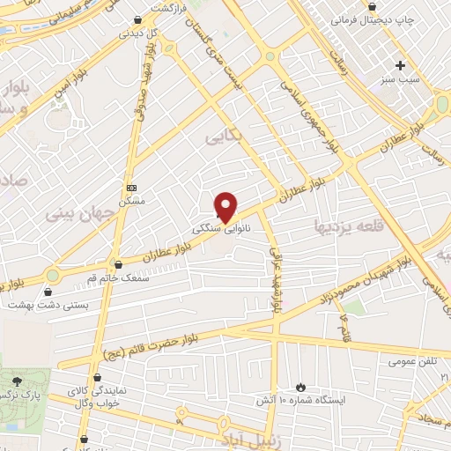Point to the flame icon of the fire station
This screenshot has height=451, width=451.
300,387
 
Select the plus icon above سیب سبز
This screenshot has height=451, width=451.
400,64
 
